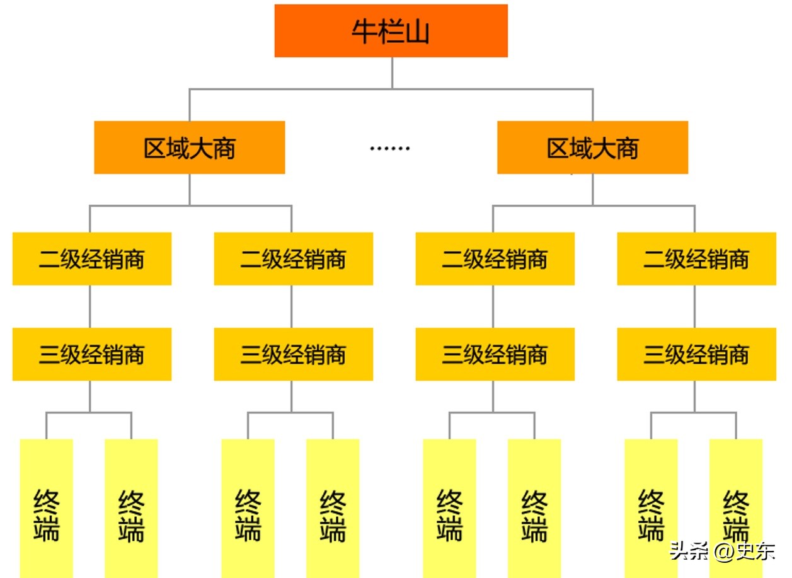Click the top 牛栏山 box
pos(391,31)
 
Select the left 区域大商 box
pos(189,147)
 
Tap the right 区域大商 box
pos(592,147)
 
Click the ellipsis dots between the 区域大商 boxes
pos(389,149)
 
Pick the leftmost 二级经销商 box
pos(92,258)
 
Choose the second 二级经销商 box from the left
pos(293,258)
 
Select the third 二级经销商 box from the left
pos(495,258)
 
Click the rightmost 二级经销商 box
pos(696,258)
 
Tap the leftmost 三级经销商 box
pos(92,354)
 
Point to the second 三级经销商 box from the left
pos(293,354)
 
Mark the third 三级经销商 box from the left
pos(495,354)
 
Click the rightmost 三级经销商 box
pos(696,354)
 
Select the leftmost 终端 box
pos(47,508)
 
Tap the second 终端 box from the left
pos(131,508)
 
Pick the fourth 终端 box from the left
pos(333,508)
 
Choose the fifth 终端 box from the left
pos(449,508)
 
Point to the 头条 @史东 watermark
pos(722,551)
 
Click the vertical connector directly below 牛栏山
pos(392,72)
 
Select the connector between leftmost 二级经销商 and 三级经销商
pos(89,306)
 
